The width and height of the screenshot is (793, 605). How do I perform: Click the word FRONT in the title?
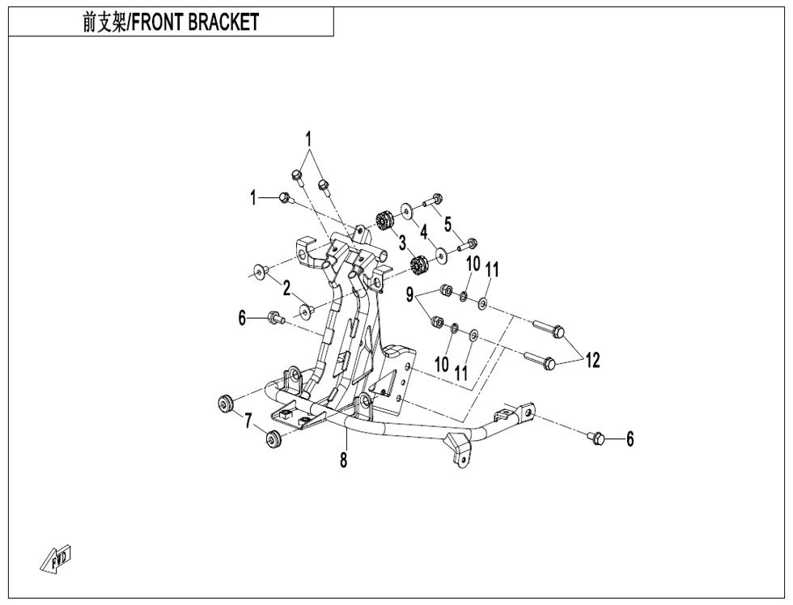158,22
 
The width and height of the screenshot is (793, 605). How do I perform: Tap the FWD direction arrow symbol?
56,559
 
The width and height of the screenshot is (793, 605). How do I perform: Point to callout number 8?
344,460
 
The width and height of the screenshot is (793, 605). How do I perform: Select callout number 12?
592,361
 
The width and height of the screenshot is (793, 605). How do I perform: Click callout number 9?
409,294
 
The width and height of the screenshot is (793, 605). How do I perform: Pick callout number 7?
248,421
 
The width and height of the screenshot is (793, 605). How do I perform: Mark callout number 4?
424,231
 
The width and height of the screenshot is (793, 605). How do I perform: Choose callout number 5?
448,224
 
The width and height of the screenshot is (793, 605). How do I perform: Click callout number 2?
286,289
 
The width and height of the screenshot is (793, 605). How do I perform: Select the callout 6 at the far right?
630,439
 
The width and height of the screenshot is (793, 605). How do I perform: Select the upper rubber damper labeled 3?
385,220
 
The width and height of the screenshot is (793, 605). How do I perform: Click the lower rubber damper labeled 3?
418,264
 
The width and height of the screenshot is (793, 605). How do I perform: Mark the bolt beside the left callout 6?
276,317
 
